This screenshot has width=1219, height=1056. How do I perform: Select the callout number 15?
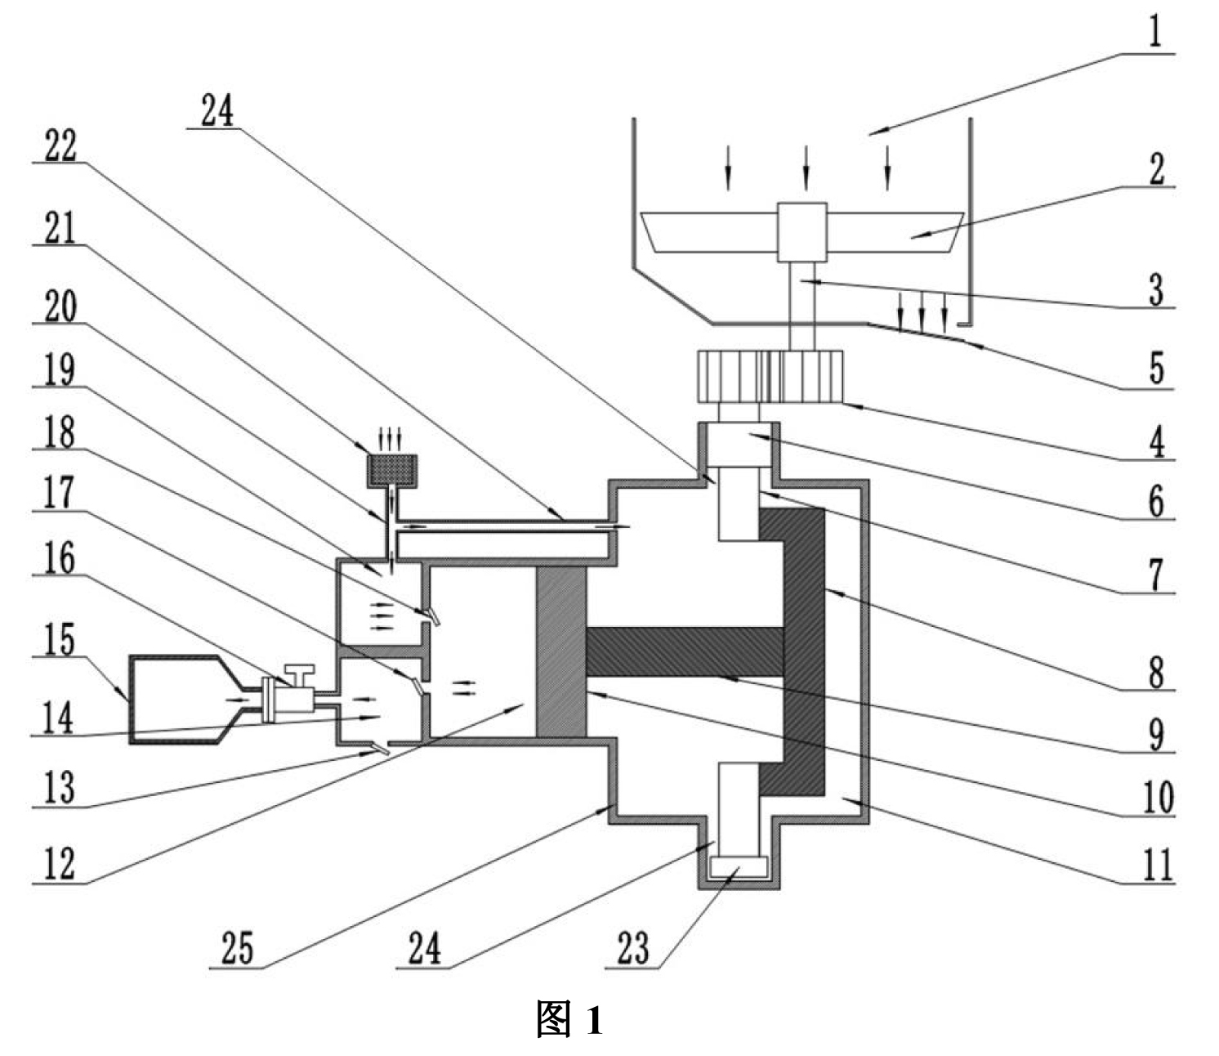[x=60, y=640]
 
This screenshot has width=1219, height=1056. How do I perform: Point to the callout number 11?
[x=1156, y=865]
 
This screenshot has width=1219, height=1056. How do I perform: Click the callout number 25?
[x=238, y=948]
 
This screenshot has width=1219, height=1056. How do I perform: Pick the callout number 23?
[x=633, y=948]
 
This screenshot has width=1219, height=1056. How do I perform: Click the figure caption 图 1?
[x=569, y=1019]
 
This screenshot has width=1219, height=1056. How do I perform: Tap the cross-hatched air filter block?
[x=392, y=471]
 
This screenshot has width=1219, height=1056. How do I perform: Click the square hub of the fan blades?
[x=802, y=232]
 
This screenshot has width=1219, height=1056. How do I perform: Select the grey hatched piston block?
[x=561, y=652]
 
